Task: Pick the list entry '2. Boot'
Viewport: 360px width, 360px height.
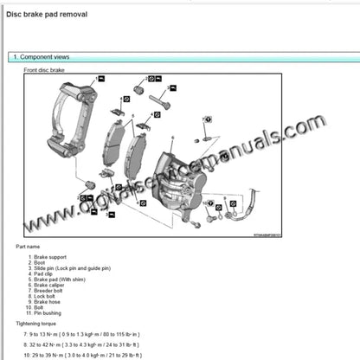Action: (x=38, y=264)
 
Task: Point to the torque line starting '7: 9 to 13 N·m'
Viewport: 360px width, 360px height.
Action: (x=82, y=333)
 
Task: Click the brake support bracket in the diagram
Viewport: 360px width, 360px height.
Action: (x=69, y=121)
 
